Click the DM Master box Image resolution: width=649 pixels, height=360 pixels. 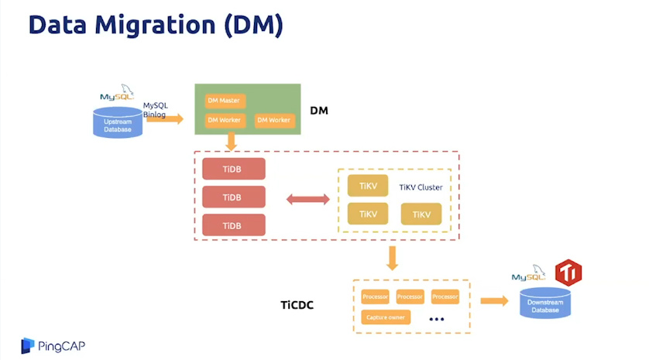click(225, 101)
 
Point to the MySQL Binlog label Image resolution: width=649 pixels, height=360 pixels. click(155, 109)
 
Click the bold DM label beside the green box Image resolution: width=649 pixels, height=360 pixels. click(319, 111)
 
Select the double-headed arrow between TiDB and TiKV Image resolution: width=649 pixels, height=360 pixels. click(308, 200)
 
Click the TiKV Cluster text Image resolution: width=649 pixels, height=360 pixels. click(421, 187)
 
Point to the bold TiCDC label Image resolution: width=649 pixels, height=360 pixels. click(297, 305)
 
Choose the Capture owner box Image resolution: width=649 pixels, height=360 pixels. click(386, 317)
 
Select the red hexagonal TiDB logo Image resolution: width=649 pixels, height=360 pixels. click(568, 273)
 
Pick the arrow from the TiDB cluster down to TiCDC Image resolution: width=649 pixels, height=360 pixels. click(393, 259)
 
